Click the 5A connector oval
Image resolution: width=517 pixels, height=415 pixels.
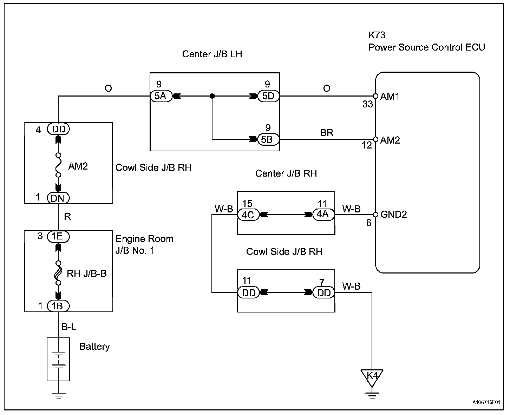click(x=161, y=96)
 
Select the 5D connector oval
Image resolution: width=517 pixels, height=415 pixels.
click(x=268, y=96)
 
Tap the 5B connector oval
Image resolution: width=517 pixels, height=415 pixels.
click(x=268, y=139)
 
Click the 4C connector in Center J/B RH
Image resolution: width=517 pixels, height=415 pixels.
click(x=248, y=215)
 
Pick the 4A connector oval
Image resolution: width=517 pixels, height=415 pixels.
click(x=323, y=214)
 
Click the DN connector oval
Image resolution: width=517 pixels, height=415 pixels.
click(x=58, y=198)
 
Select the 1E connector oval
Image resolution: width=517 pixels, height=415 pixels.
click(x=58, y=236)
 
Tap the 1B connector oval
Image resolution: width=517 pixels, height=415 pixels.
click(x=58, y=306)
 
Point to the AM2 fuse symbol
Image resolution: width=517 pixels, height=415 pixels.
click(x=58, y=165)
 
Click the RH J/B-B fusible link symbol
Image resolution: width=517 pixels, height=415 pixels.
click(x=58, y=273)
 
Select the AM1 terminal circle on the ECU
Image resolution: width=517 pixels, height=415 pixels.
click(x=375, y=96)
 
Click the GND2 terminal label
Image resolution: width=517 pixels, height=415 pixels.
click(x=393, y=214)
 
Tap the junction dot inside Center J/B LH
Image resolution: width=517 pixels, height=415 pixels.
click(x=212, y=96)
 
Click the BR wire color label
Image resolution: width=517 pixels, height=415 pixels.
click(x=327, y=133)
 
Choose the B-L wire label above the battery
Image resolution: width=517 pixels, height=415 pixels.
click(x=69, y=327)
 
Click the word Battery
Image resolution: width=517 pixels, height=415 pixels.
click(x=95, y=347)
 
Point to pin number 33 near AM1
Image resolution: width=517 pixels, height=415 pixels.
click(x=368, y=104)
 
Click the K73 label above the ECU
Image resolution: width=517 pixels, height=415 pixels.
click(x=377, y=35)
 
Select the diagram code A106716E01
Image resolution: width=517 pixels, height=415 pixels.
click(x=486, y=402)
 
